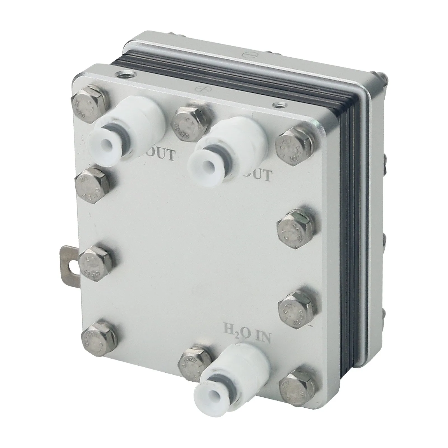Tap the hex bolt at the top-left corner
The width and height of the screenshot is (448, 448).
tap(89, 103)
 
